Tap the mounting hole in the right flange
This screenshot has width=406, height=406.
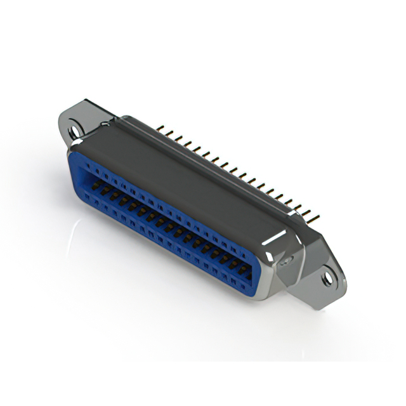pos(327,277)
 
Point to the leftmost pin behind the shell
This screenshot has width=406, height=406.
pos(160,129)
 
